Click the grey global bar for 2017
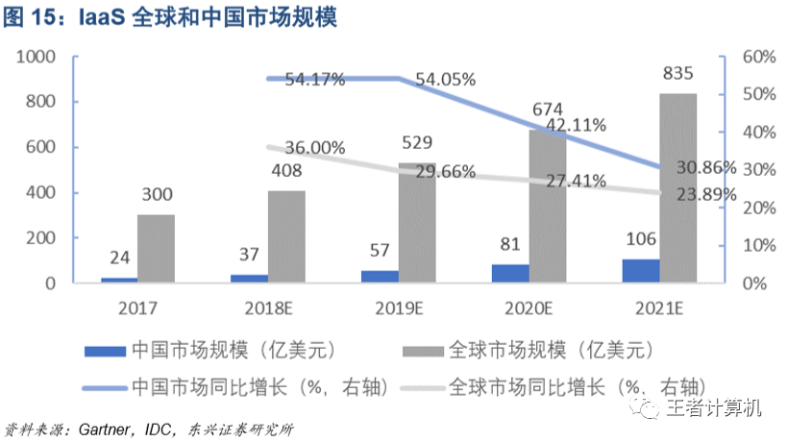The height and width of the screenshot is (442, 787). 156,249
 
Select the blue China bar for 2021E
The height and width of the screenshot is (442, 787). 641,271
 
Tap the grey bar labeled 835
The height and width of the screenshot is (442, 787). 677,188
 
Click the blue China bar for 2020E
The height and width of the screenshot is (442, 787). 510,274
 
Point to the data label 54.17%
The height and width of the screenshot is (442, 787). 313,80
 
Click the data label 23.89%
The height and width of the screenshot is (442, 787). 707,194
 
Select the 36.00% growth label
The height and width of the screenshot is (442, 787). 313,148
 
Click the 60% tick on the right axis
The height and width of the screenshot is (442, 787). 754,58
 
